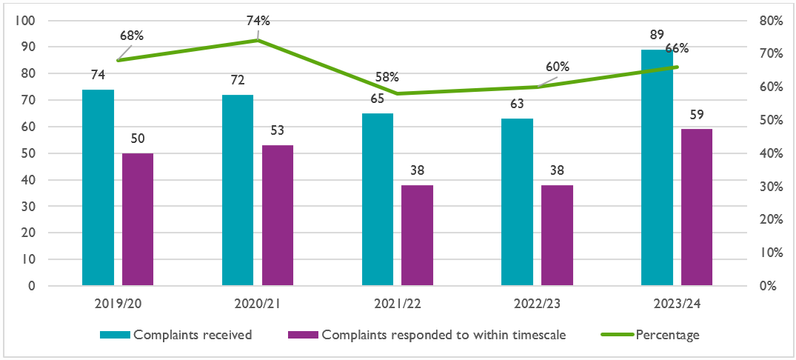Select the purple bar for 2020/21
point(278,215)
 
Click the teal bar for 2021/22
point(378,199)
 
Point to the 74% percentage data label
point(258,21)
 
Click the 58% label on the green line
point(387,77)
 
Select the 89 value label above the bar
point(657,35)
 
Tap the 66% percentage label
point(677,49)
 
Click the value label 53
point(278,131)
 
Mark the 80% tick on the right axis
point(771,21)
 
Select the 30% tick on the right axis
point(771,187)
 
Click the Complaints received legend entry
point(193,335)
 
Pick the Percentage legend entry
point(667,335)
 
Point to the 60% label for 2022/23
point(558,67)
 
